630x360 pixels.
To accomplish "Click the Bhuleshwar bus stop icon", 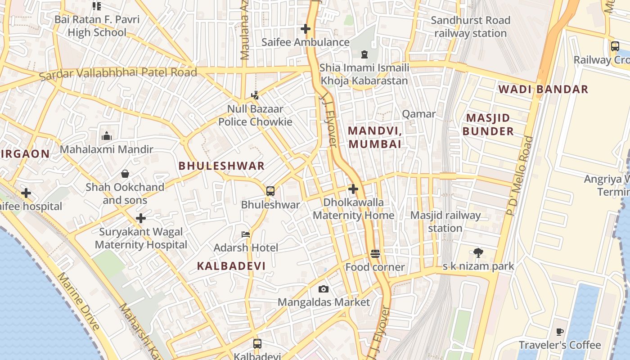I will [x=270, y=191].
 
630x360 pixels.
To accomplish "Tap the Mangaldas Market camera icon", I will [x=323, y=289].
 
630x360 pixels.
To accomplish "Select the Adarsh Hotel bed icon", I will [x=246, y=234].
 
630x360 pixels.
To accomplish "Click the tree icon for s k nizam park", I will [x=478, y=253].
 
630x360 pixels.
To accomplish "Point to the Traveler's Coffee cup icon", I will [x=559, y=332].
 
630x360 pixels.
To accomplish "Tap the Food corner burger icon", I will [x=375, y=254].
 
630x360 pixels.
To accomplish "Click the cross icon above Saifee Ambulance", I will [x=306, y=29].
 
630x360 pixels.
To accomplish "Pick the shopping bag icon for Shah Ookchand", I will [x=125, y=174].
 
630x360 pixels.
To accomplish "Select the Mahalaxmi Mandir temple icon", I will [x=107, y=135].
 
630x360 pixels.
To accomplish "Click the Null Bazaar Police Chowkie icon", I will [x=255, y=95].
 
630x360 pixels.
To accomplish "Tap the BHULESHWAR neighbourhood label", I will [x=221, y=166].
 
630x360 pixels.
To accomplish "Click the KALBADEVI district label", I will [x=231, y=265].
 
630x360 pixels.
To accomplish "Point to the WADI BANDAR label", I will [x=543, y=89].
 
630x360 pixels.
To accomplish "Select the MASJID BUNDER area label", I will [x=488, y=125].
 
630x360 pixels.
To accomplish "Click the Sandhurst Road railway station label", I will [x=470, y=27].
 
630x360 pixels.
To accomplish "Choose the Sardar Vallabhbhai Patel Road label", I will [x=118, y=73].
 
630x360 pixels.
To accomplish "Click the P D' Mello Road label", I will [x=520, y=175].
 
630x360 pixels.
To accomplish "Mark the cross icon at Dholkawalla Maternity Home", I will [x=353, y=189].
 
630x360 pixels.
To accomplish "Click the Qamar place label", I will [x=418, y=114].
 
